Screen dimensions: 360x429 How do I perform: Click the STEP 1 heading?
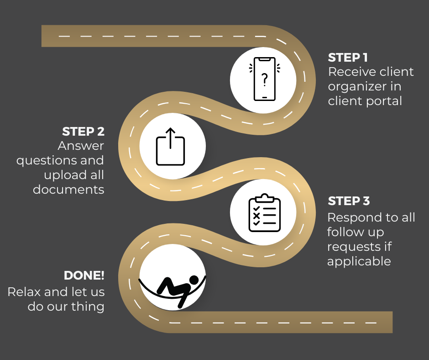pos(348,58)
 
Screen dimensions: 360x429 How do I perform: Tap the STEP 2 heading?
pos(83,132)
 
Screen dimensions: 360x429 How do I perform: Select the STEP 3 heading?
pos(349,201)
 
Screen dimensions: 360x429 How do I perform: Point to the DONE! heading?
pos(84,275)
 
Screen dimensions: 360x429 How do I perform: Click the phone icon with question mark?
pos(264,79)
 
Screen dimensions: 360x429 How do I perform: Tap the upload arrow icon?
pos(171,147)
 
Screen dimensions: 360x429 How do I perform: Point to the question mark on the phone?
pos(264,79)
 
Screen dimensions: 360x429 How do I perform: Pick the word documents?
pos(68,190)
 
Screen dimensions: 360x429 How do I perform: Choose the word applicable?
pos(359,261)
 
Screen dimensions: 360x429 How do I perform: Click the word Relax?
pos(22,292)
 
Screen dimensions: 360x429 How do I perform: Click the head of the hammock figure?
pos(194,280)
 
